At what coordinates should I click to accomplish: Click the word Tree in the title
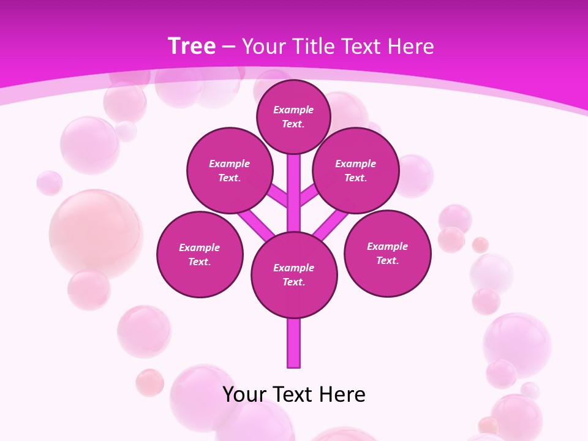pos(192,47)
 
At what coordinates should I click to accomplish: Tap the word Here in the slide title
pos(410,47)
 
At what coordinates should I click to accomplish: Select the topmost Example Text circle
pos(293,116)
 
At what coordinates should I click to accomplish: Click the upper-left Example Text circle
pos(230,171)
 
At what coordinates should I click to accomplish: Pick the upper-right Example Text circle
pos(356,171)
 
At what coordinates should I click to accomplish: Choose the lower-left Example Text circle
pos(200,255)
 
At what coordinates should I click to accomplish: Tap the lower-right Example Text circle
pos(388,254)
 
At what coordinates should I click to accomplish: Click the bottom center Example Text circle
pos(294,275)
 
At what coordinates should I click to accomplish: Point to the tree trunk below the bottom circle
pos(294,343)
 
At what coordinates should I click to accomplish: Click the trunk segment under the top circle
pos(294,184)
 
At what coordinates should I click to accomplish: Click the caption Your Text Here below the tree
pos(294,394)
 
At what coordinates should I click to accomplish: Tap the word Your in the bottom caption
pos(244,394)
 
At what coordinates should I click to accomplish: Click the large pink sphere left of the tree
pos(96,233)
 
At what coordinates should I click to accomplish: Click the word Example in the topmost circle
pos(293,110)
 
